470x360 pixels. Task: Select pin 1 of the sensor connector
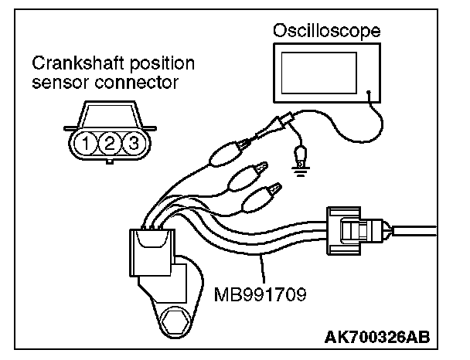[91, 143]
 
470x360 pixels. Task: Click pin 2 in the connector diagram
[111, 143]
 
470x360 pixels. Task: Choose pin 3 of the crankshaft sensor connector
[132, 143]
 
